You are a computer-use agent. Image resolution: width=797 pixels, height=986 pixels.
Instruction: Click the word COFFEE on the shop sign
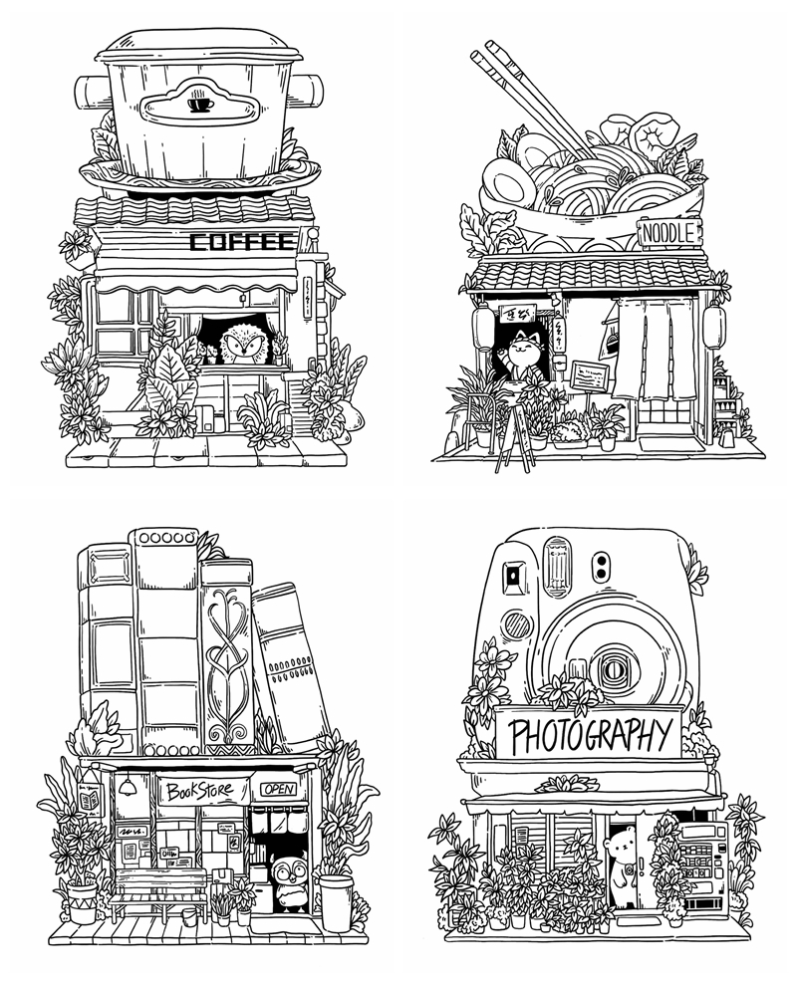(x=242, y=241)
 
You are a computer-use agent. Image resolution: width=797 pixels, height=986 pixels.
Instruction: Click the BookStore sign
(x=198, y=792)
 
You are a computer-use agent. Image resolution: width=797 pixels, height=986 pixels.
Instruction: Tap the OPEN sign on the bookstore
(x=279, y=789)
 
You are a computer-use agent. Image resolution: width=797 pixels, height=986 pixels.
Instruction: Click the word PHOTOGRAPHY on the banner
(x=588, y=736)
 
